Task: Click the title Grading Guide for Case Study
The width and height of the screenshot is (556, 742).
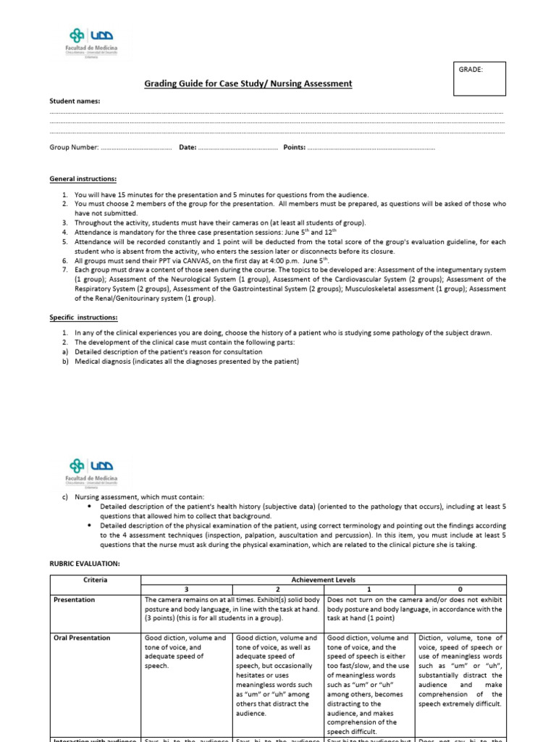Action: click(249, 84)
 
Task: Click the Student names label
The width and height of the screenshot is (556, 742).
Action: click(75, 101)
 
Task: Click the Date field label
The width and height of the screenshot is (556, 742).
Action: click(188, 147)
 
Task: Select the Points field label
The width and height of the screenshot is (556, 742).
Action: click(294, 147)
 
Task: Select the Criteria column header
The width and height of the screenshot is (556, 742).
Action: click(95, 580)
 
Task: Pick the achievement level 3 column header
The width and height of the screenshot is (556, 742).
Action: click(188, 590)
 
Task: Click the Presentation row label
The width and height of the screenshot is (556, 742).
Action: click(75, 600)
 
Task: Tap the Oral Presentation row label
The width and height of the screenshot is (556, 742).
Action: click(82, 638)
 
